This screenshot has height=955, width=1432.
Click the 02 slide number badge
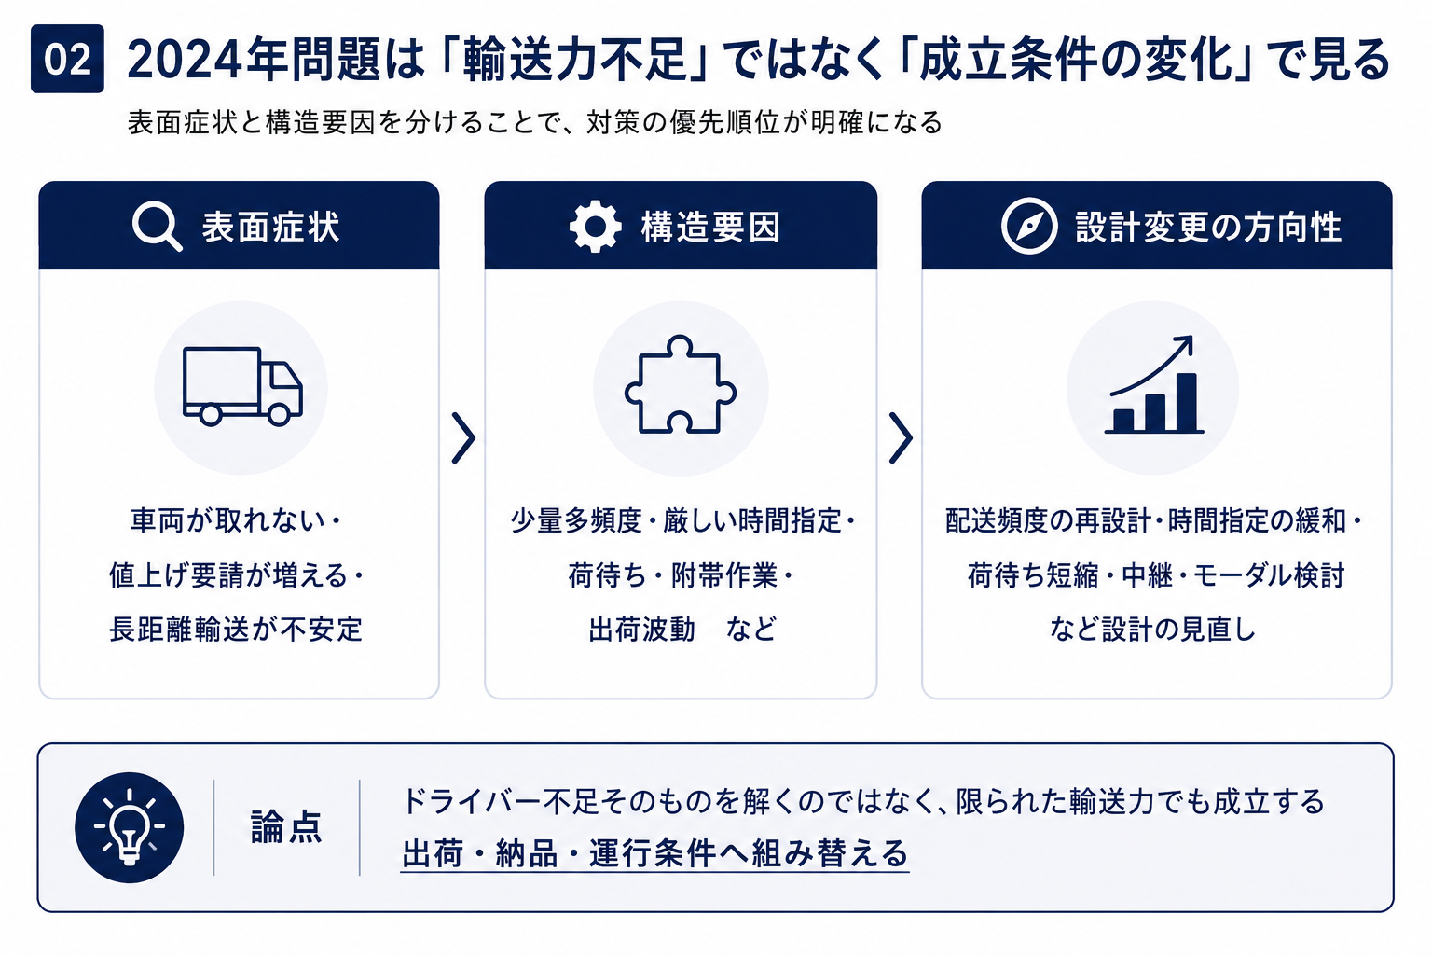click(x=67, y=59)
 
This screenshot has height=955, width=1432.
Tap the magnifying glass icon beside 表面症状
click(x=157, y=227)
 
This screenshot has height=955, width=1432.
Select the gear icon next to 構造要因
click(x=595, y=227)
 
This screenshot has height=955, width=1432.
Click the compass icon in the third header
click(x=1029, y=227)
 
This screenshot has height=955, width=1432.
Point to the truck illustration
click(x=242, y=386)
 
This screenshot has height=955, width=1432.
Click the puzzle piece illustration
click(x=681, y=384)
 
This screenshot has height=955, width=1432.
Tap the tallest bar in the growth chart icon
click(x=1187, y=402)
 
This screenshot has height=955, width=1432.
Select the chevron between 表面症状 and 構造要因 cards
click(x=463, y=437)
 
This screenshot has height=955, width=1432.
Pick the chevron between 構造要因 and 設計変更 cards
click(x=901, y=437)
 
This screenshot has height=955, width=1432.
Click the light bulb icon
click(x=130, y=828)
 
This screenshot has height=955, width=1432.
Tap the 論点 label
click(x=286, y=827)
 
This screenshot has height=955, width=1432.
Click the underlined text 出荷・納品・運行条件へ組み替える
click(x=654, y=853)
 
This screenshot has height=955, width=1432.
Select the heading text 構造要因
click(x=711, y=227)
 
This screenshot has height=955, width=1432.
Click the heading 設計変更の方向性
click(x=1208, y=227)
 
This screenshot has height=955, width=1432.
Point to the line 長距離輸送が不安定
click(x=236, y=630)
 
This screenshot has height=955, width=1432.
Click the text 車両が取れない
click(x=228, y=520)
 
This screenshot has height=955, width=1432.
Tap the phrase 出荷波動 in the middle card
click(x=641, y=630)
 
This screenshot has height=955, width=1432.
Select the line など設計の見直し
click(x=1152, y=630)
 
